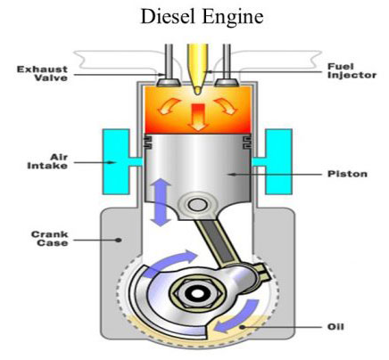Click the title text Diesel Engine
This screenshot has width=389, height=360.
[202, 17]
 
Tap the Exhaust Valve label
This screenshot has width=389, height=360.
[42, 73]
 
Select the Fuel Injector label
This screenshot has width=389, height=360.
[352, 70]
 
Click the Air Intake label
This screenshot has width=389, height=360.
[47, 161]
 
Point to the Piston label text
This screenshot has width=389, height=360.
[347, 174]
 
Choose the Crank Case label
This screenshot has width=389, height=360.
[50, 239]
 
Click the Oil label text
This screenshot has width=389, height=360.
[335, 327]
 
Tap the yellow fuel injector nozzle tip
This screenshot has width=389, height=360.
[197, 90]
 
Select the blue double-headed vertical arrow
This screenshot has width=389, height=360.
[161, 202]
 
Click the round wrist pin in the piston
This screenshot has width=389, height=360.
[197, 205]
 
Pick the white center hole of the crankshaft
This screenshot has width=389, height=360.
[196, 293]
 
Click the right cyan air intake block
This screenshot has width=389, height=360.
[275, 161]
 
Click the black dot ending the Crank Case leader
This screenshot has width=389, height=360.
[119, 240]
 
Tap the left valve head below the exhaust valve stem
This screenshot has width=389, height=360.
[169, 82]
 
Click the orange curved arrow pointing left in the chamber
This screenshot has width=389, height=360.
[169, 107]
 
